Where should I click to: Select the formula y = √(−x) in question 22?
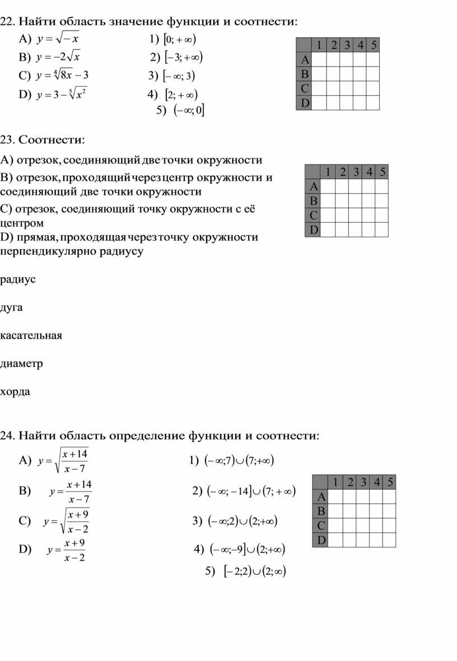[58, 40]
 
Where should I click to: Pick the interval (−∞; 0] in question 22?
[189, 111]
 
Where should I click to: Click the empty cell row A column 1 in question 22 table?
[319, 59]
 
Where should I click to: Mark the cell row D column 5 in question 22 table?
[374, 103]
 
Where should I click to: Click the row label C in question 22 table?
[304, 88]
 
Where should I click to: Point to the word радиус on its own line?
[18, 279]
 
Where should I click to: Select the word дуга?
[12, 307]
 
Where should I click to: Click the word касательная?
[31, 335]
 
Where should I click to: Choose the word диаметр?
[22, 363]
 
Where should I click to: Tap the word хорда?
[16, 391]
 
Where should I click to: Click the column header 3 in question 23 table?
[356, 172]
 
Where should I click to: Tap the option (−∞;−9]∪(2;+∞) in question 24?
[247, 550]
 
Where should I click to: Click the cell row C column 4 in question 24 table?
[377, 526]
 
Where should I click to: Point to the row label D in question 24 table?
[320, 540]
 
